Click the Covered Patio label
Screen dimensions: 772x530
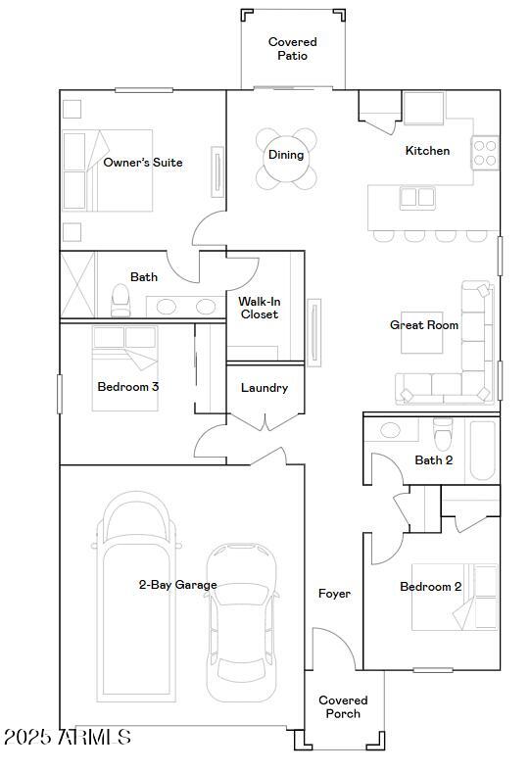coord(292,49)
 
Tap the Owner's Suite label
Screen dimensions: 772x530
coord(143,163)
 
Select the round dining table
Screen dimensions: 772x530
coord(287,157)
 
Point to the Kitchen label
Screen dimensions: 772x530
coord(427,151)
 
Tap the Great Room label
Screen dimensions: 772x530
coord(424,325)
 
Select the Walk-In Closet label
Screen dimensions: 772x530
coord(259,308)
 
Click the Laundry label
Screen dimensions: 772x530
coord(265,388)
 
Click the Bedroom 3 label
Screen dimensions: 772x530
coord(127,387)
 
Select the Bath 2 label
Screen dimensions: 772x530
coord(433,459)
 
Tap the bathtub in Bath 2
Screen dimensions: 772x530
coord(483,450)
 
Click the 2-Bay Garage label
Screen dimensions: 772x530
coord(177,585)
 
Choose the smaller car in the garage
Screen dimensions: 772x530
coord(242,622)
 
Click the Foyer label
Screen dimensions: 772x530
coord(334,594)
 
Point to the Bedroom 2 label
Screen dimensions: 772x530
coord(430,587)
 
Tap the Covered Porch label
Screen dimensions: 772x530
coord(343,706)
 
